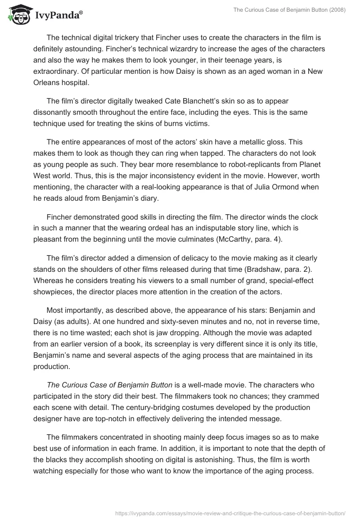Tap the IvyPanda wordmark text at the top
click(x=59, y=17)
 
